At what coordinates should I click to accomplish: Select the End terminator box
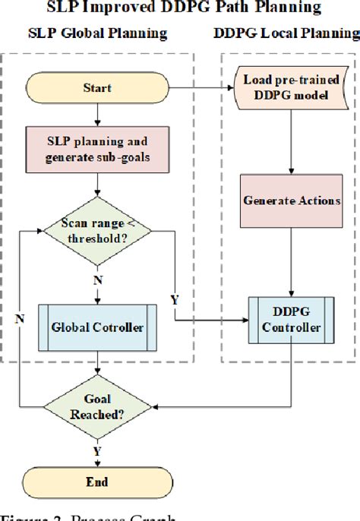coord(97,482)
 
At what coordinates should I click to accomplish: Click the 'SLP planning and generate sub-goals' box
coord(96,149)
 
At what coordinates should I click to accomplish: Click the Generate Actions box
coord(292,202)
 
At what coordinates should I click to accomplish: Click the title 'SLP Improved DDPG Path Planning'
coord(180,8)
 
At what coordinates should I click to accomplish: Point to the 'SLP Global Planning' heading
coord(96,34)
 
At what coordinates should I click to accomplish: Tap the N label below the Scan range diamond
coord(96,280)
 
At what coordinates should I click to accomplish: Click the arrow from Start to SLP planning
coord(97,115)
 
